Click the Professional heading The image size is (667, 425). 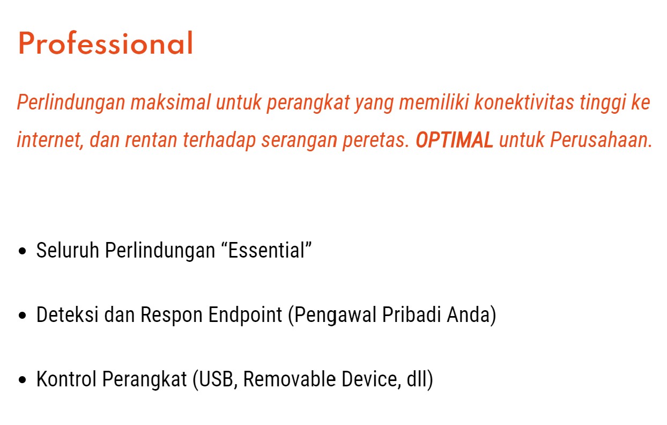(106, 43)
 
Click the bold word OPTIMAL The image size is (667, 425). (454, 140)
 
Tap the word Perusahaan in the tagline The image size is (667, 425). (601, 140)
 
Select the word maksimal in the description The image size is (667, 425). (171, 102)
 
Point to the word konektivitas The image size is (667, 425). (524, 102)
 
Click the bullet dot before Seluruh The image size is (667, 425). (22, 251)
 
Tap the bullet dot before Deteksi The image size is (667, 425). (22, 316)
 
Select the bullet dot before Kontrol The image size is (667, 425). (22, 380)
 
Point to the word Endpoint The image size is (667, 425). (245, 316)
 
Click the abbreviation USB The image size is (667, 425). (216, 379)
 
